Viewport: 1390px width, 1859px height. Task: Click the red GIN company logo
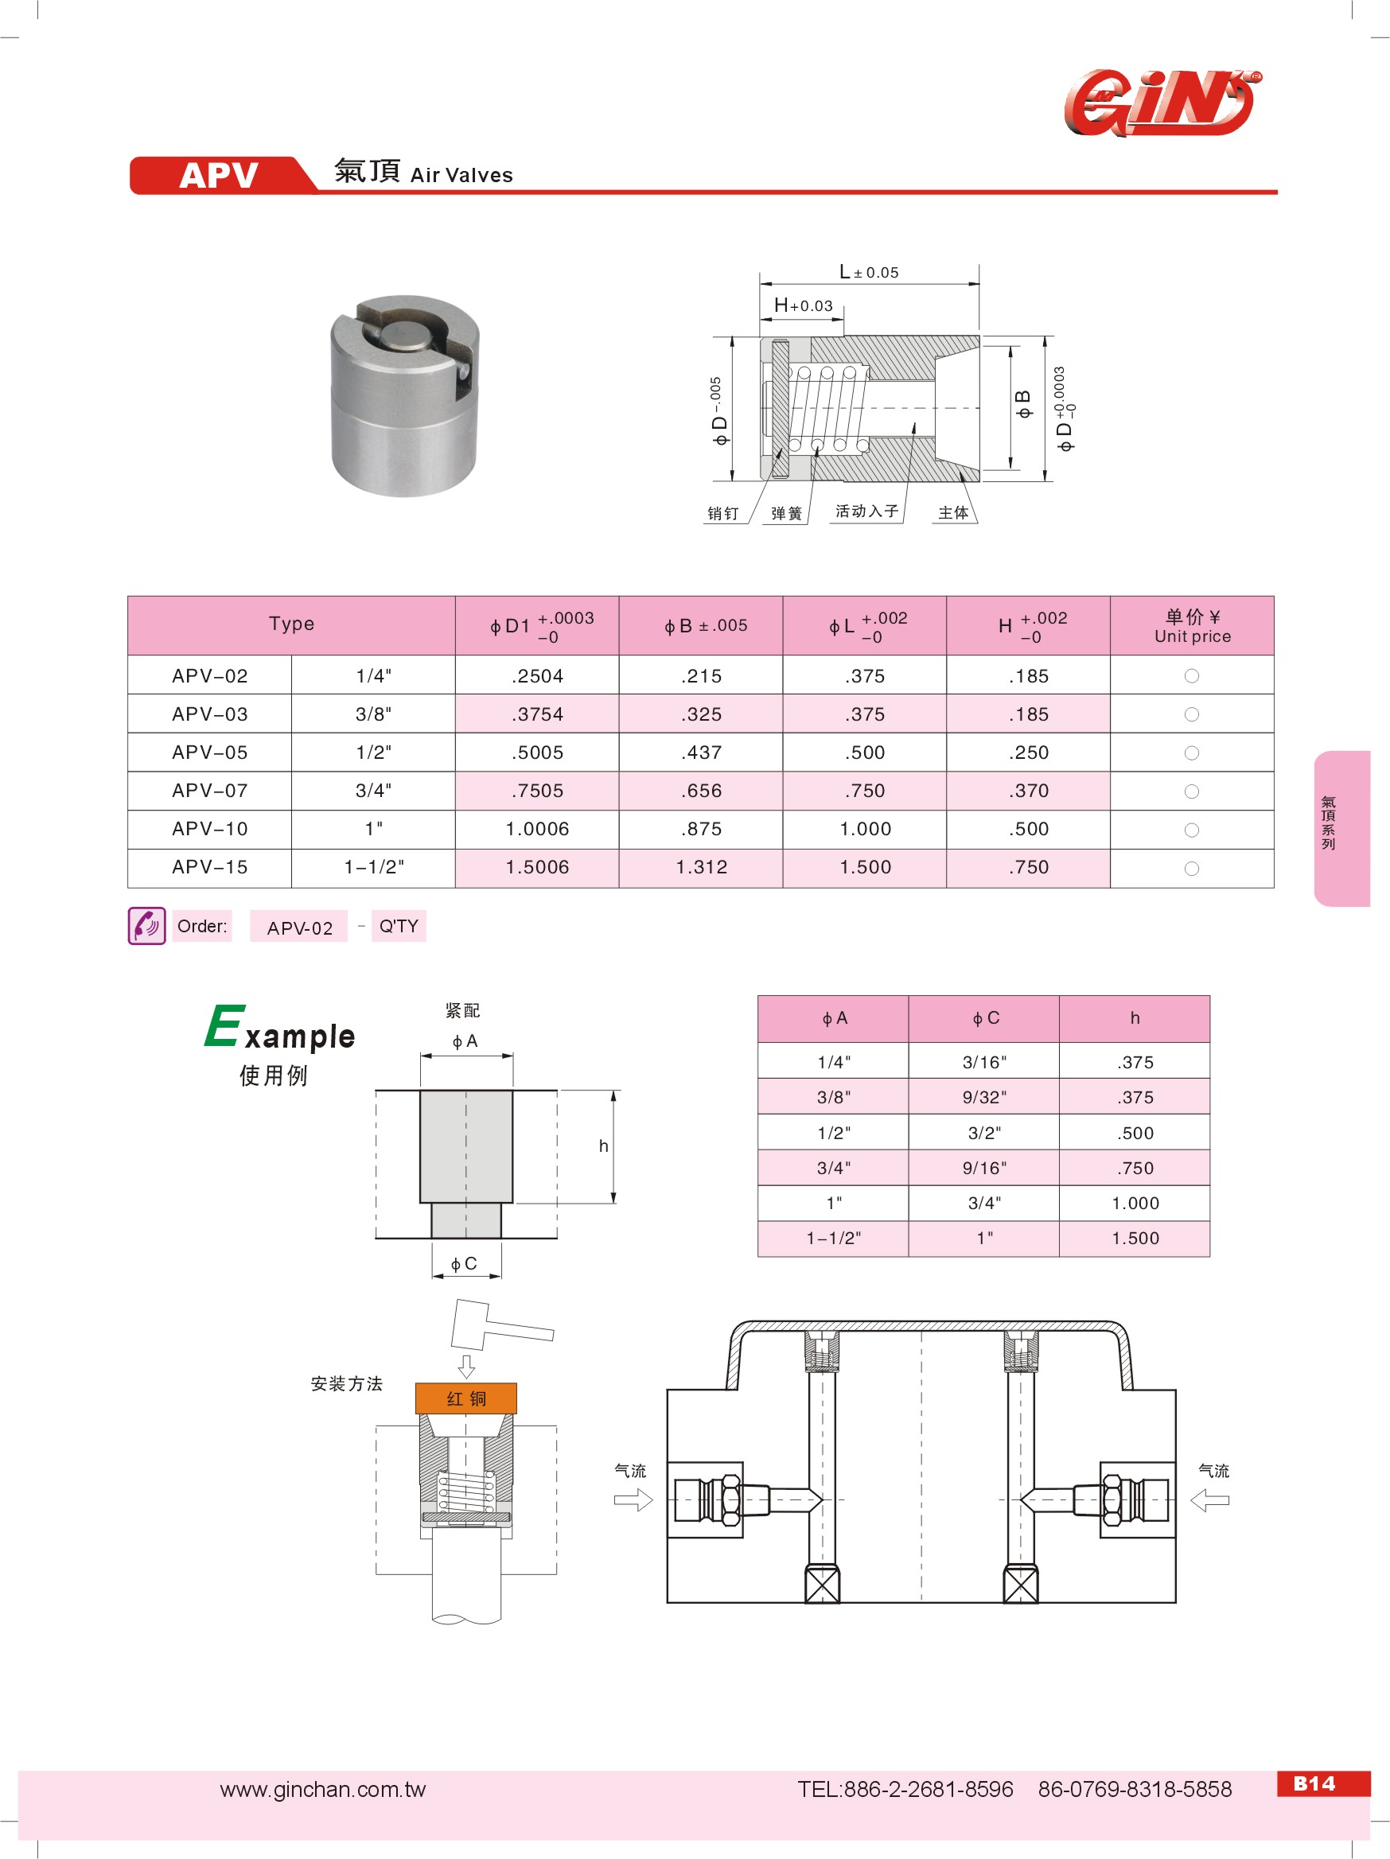coord(1163,103)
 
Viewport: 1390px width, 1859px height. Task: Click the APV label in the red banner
coord(219,176)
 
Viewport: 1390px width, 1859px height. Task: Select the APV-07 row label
coord(210,790)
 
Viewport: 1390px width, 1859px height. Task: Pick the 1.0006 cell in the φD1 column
coord(537,829)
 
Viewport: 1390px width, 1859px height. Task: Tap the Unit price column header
coord(1192,626)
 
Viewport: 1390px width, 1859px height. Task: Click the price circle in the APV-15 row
coord(1192,868)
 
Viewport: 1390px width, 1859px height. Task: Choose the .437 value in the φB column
coord(701,753)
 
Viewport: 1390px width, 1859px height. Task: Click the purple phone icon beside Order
coord(146,925)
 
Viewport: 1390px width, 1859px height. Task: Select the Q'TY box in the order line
coord(399,926)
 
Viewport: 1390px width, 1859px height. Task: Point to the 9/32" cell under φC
coord(984,1097)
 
